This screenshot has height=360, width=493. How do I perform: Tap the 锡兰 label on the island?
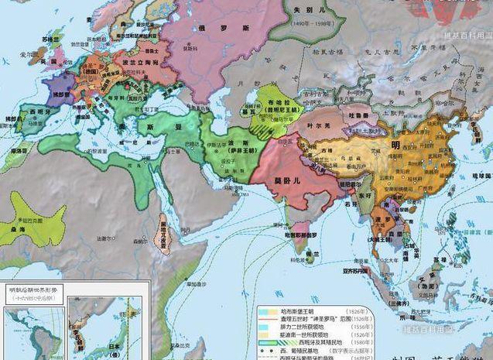pyautogui.click(x=312, y=253)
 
